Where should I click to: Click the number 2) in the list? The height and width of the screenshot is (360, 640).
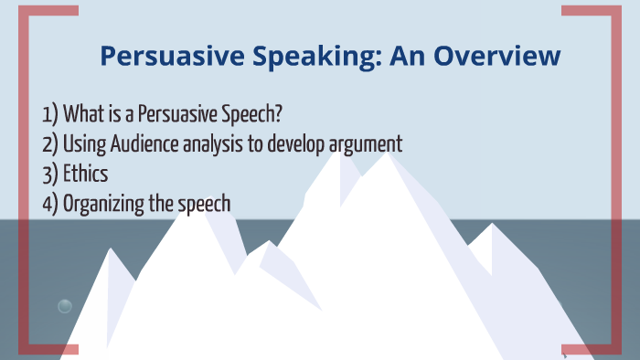50,144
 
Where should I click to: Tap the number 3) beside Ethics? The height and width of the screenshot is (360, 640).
50,174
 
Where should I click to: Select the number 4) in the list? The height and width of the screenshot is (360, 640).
50,203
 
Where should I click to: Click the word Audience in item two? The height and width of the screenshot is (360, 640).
146,144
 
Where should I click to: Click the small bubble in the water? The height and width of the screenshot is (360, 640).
65,306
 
